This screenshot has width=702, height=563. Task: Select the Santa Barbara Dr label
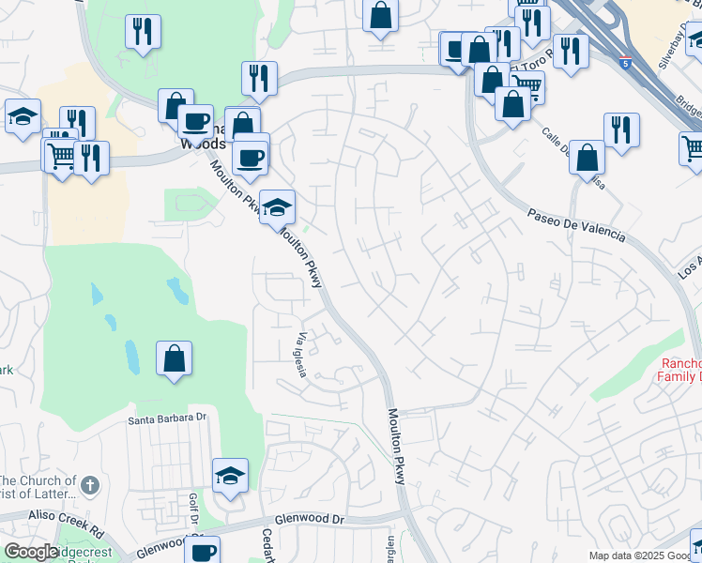point(167,418)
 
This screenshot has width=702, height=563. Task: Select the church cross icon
point(89,485)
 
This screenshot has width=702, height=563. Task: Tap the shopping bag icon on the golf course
point(175,358)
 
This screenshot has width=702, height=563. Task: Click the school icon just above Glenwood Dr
point(229,476)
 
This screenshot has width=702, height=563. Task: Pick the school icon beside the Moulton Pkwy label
point(277,207)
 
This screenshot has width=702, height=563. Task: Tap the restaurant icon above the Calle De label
point(620,130)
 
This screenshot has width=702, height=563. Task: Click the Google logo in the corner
point(30,552)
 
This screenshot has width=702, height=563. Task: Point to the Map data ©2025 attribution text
point(644,555)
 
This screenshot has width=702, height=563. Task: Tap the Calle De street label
point(563,145)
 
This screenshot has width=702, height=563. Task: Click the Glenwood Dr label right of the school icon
point(311,518)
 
